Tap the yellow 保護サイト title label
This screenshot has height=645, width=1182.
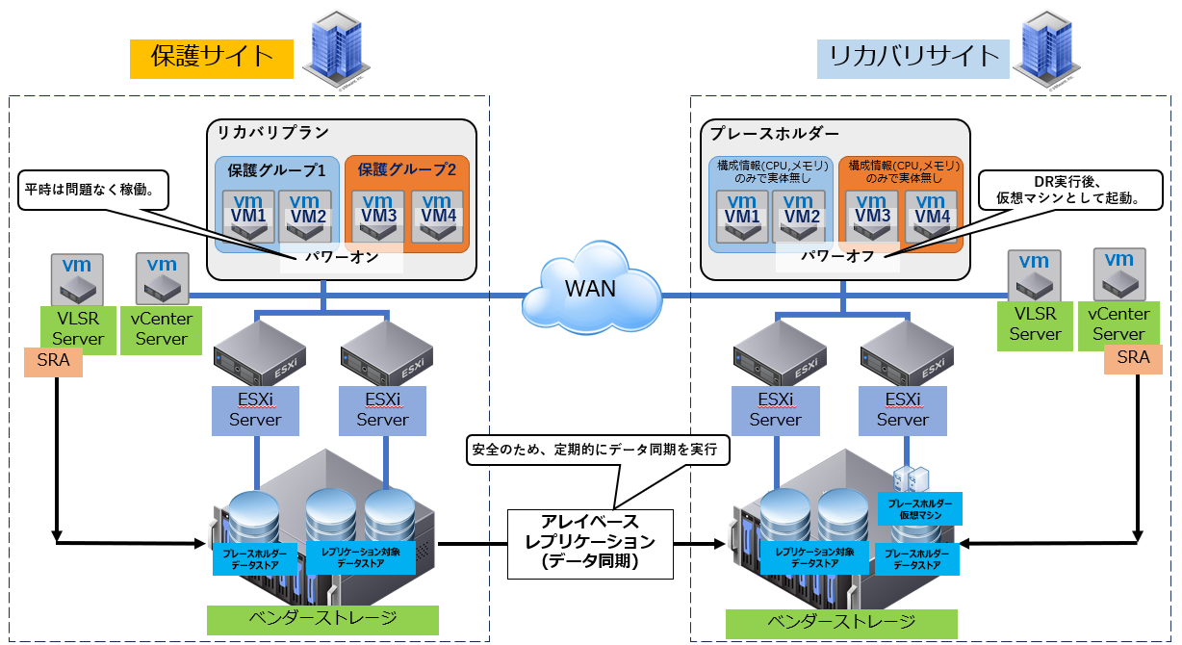tap(212, 58)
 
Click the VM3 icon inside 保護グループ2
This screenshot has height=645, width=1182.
tap(378, 216)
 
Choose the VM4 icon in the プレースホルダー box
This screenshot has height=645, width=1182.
tap(931, 216)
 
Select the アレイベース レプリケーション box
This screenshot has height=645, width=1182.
tap(590, 543)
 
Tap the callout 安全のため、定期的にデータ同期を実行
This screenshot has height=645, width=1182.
tap(595, 450)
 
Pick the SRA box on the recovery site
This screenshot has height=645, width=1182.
tap(1133, 358)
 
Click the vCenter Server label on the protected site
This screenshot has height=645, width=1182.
tap(162, 328)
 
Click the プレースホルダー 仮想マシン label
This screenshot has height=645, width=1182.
tap(919, 509)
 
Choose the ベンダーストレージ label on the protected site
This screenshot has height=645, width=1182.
tap(322, 619)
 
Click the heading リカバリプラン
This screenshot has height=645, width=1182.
tap(272, 133)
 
